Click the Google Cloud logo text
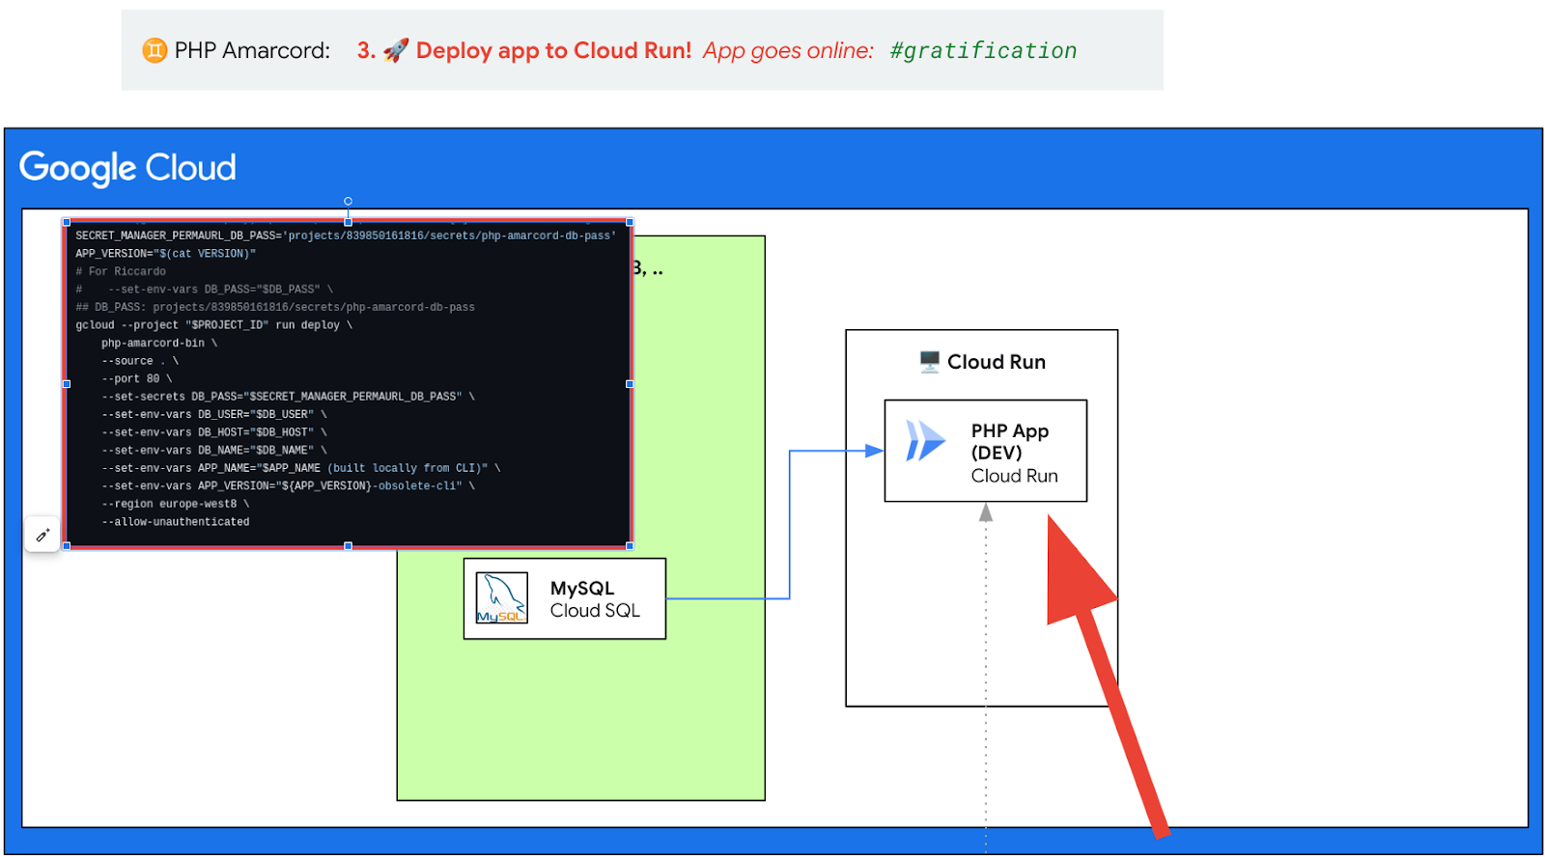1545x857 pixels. [127, 168]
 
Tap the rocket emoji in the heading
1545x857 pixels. [396, 50]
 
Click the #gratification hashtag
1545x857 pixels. [983, 50]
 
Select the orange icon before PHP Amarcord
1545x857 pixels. [154, 50]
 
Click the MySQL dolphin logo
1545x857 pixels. [501, 598]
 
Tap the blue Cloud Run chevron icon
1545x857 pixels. [925, 441]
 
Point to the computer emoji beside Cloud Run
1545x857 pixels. [929, 362]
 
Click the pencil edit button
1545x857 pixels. [42, 534]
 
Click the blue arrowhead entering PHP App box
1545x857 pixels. [875, 451]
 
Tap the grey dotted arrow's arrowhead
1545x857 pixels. [986, 512]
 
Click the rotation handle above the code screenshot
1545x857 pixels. [348, 201]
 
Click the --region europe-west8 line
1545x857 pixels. [175, 504]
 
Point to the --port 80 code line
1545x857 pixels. [136, 378]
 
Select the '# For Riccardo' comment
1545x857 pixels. [121, 271]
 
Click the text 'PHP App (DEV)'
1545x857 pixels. [1009, 441]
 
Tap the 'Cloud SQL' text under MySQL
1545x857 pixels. [595, 611]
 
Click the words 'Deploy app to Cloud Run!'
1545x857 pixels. [553, 50]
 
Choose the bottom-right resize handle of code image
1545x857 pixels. [630, 546]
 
